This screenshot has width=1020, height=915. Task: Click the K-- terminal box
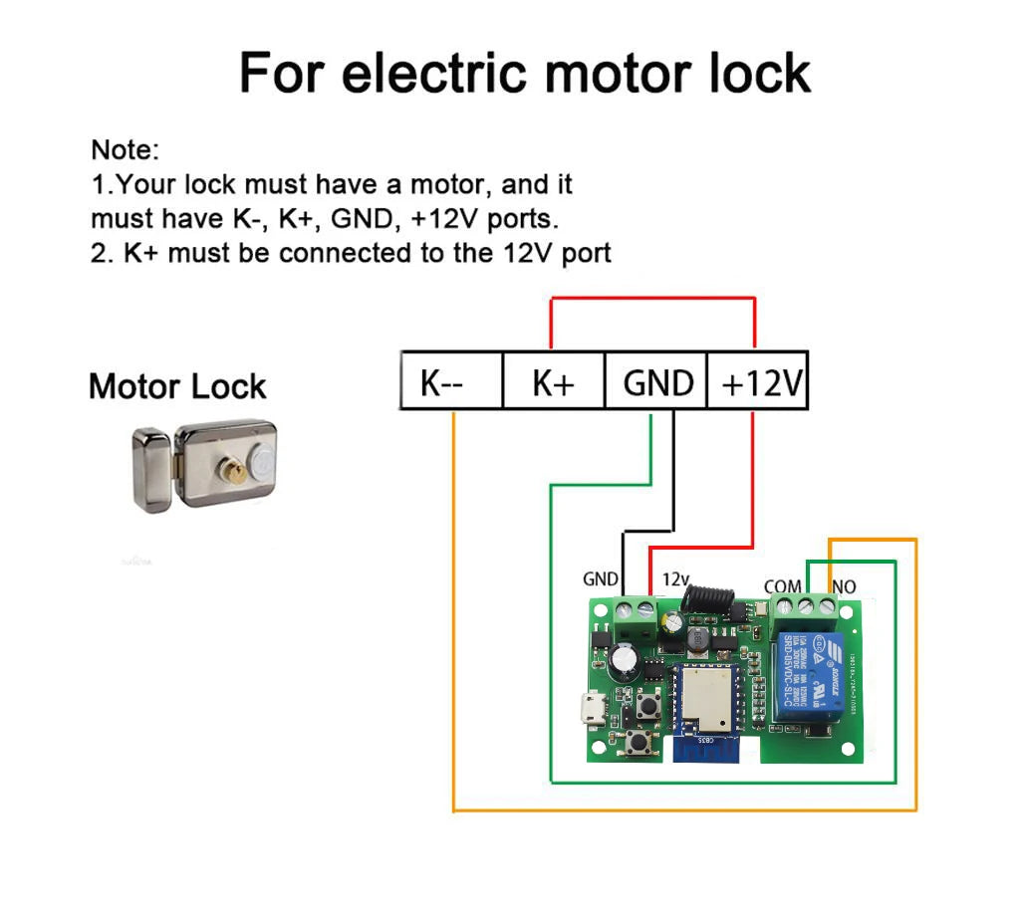(x=450, y=380)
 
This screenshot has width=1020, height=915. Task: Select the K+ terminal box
(x=553, y=380)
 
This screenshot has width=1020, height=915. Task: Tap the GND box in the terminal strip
(x=656, y=380)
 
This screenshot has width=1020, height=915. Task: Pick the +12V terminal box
(x=758, y=380)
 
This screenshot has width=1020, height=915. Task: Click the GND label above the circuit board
(x=601, y=579)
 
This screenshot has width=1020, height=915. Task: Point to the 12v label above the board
(x=675, y=578)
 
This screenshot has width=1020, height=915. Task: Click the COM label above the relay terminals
(x=782, y=587)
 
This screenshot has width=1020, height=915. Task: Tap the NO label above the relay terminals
(x=844, y=587)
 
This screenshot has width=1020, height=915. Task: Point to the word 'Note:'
(x=126, y=151)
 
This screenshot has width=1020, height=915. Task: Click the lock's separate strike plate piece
(x=150, y=471)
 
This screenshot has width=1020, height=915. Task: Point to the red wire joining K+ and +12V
(x=653, y=298)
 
